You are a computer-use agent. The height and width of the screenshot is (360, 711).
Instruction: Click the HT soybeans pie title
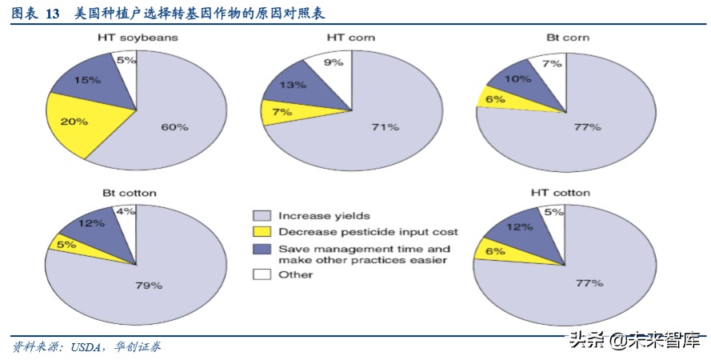click(x=137, y=38)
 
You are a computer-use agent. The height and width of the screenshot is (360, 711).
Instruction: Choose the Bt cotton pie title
click(x=130, y=193)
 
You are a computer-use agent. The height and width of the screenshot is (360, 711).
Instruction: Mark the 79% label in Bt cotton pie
click(x=149, y=285)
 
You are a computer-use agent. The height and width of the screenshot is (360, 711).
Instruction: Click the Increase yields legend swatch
click(x=261, y=215)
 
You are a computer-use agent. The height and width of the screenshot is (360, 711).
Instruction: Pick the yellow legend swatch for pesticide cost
click(x=261, y=232)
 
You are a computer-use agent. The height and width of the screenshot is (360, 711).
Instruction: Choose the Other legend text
click(x=295, y=274)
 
